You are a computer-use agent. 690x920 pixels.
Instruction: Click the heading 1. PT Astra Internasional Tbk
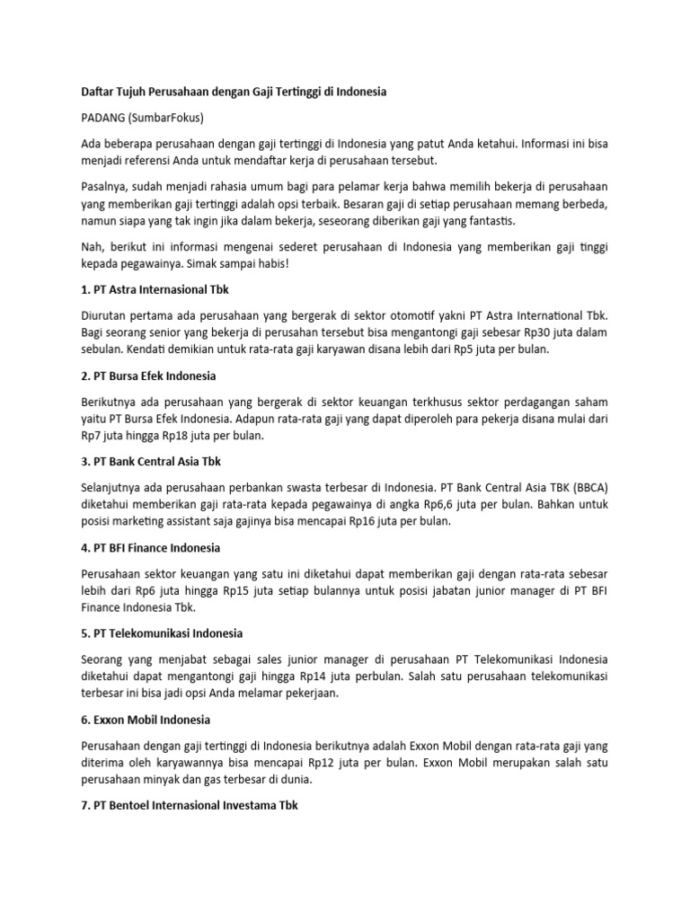click(x=162, y=290)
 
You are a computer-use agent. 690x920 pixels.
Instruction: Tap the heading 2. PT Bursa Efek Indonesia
click(x=149, y=376)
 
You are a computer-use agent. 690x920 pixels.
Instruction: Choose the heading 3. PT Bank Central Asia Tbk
click(x=151, y=462)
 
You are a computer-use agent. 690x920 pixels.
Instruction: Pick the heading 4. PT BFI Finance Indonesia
click(x=150, y=547)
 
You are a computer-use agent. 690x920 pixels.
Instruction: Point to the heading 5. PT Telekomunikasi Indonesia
click(x=162, y=633)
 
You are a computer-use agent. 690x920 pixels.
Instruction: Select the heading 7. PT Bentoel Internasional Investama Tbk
click(x=190, y=805)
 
